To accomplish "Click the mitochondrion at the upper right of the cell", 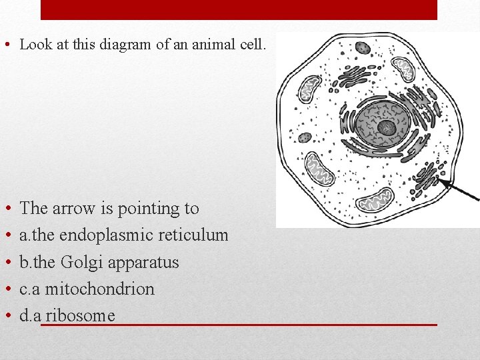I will click(403, 68).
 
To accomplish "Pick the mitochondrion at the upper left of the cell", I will click(310, 88).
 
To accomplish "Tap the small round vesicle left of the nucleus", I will click(305, 137).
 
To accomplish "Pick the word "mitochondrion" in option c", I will click(99, 289).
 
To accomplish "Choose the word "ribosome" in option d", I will click(80, 315).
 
